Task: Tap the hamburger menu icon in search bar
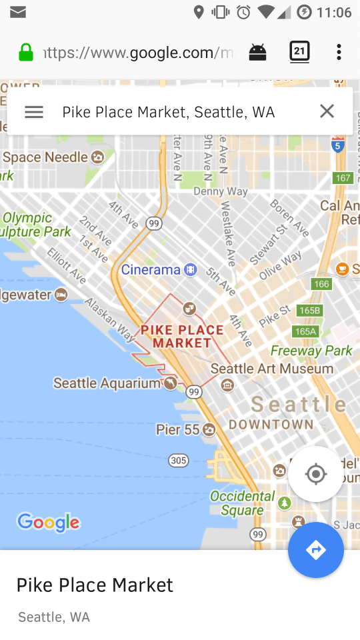[34, 112]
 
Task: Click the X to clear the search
[327, 111]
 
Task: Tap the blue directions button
[316, 550]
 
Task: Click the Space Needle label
[45, 157]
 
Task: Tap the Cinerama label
[151, 269]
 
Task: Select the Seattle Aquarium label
[107, 383]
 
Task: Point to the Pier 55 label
[178, 429]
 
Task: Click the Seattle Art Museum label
[272, 369]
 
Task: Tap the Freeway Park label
[311, 351]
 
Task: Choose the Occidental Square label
[243, 503]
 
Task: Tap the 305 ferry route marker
[179, 460]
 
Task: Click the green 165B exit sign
[310, 311]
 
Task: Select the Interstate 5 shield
[338, 145]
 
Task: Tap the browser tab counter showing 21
[300, 52]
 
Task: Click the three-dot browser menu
[339, 52]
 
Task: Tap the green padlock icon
[26, 53]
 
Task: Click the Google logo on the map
[48, 522]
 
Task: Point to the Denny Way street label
[221, 191]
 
